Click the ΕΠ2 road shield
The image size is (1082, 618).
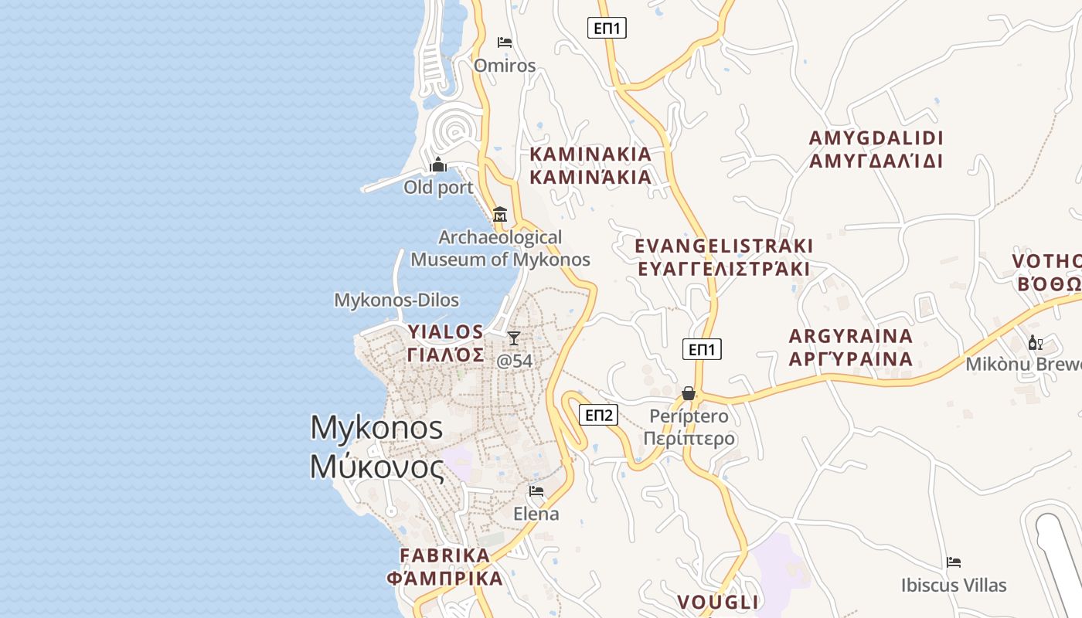pyautogui.click(x=599, y=416)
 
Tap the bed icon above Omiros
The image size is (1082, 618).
pyautogui.click(x=505, y=42)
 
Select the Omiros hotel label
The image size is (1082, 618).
pyautogui.click(x=505, y=66)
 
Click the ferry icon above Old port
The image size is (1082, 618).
pyautogui.click(x=438, y=165)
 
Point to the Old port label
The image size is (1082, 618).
pyautogui.click(x=438, y=187)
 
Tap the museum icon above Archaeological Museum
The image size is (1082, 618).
pyautogui.click(x=500, y=214)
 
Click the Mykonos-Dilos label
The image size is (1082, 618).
pyautogui.click(x=396, y=300)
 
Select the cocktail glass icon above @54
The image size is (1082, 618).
pyautogui.click(x=514, y=338)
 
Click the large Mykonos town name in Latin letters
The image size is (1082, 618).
pyautogui.click(x=377, y=428)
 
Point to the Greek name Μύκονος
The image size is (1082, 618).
pyautogui.click(x=377, y=467)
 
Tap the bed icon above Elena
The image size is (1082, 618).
pyautogui.click(x=536, y=491)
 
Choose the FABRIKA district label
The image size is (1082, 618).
pyautogui.click(x=445, y=555)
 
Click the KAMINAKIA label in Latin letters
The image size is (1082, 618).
pyautogui.click(x=590, y=154)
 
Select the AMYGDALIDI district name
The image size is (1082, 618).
pyautogui.click(x=876, y=138)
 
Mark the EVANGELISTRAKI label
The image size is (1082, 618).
pyautogui.click(x=723, y=246)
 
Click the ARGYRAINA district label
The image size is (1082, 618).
pyautogui.click(x=851, y=336)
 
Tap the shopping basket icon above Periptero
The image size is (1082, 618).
pyautogui.click(x=689, y=394)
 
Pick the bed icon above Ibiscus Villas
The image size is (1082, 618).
pyautogui.click(x=954, y=562)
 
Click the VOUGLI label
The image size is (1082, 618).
pyautogui.click(x=718, y=602)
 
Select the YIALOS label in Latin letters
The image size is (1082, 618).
pyautogui.click(x=446, y=332)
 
